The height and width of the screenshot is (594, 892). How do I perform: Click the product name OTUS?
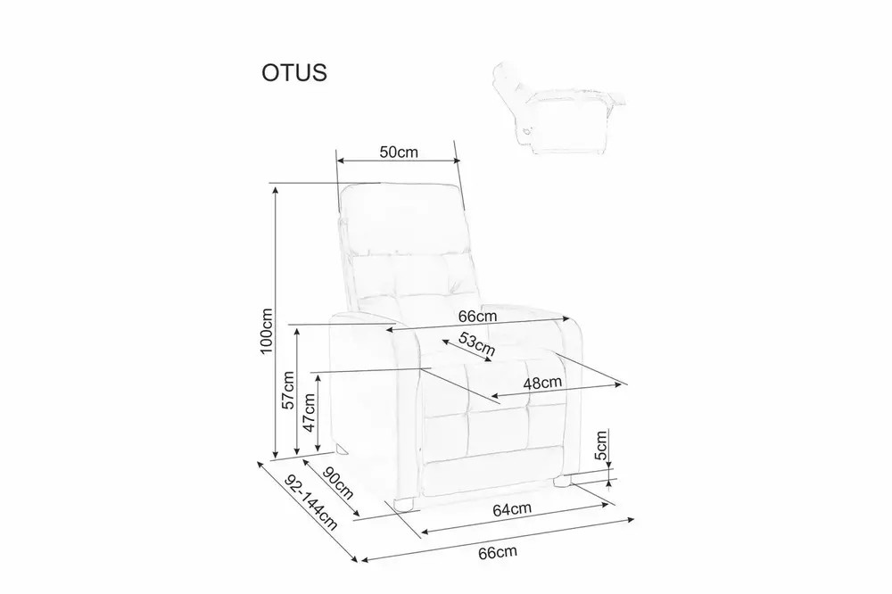(x=294, y=73)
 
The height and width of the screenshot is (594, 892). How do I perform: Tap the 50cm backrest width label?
(x=399, y=152)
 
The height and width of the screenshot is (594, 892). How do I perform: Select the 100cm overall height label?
(x=266, y=331)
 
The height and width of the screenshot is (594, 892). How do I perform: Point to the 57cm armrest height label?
(x=288, y=390)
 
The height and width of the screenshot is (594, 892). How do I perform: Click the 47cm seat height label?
(x=309, y=412)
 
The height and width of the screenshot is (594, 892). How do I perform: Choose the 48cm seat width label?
(x=542, y=383)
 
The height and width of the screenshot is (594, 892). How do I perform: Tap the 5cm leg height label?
(x=600, y=446)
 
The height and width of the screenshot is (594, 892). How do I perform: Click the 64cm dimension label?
(x=512, y=508)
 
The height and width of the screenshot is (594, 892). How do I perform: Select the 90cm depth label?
(x=338, y=483)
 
